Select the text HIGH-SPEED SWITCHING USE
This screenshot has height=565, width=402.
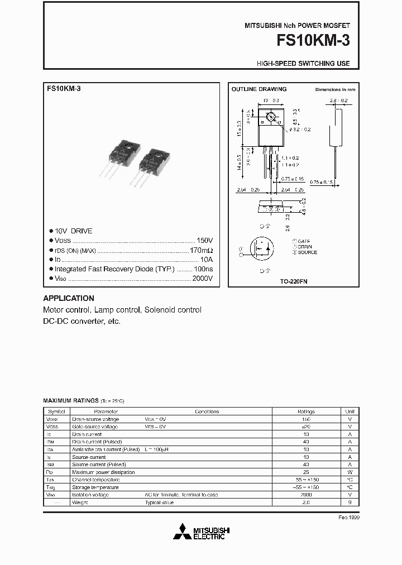point(303,64)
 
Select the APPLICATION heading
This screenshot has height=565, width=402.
point(69,298)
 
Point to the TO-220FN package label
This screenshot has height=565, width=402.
point(294,282)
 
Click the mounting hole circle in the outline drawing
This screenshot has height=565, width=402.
point(271,118)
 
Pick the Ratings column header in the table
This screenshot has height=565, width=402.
point(306,411)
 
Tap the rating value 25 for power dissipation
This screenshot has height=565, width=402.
point(306,472)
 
